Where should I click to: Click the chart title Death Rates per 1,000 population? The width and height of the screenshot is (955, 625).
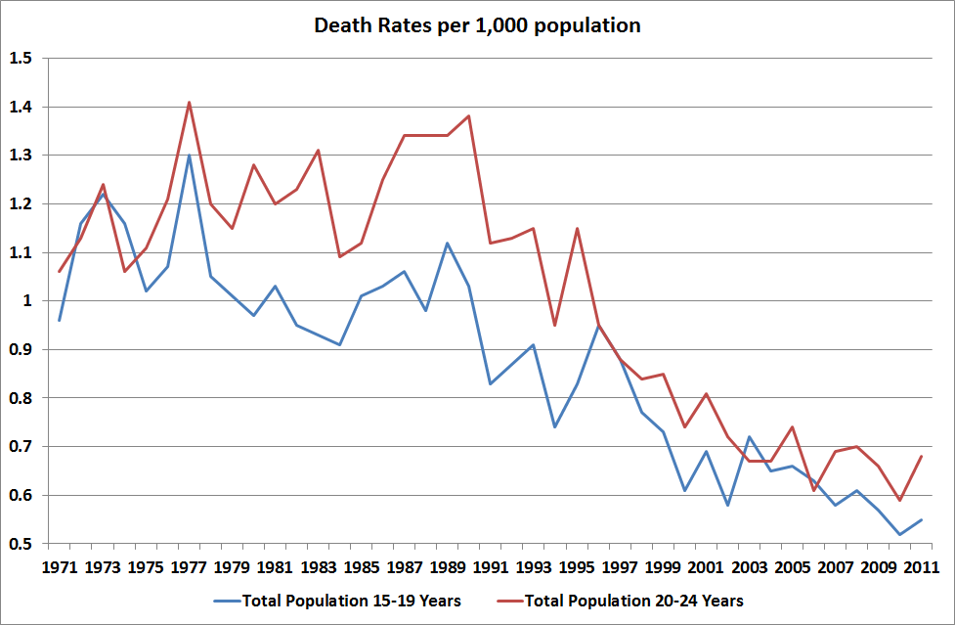(x=477, y=25)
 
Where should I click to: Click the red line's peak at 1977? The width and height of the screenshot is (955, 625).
(x=189, y=102)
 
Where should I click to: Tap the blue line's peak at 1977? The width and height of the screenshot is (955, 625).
(x=189, y=156)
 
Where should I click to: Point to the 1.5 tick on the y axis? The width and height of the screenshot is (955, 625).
(x=21, y=59)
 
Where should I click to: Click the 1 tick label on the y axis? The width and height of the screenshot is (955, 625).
(x=26, y=301)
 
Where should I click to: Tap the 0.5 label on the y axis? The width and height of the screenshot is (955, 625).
(x=21, y=544)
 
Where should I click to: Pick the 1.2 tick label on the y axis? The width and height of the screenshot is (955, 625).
(x=21, y=204)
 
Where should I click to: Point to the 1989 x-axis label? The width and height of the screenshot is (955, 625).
(x=447, y=567)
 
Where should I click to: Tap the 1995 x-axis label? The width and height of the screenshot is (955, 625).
(x=577, y=567)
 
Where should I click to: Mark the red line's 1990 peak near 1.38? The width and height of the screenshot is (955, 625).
(x=468, y=116)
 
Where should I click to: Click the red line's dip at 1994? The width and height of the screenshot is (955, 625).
(x=554, y=325)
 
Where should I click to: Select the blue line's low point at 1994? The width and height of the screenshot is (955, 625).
(x=554, y=426)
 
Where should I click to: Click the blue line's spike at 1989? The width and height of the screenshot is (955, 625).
(x=447, y=243)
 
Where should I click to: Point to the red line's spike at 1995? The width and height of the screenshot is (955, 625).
(x=577, y=228)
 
